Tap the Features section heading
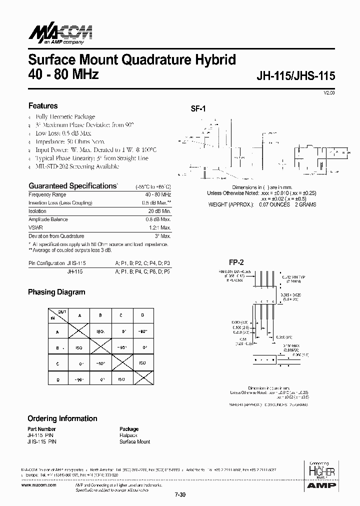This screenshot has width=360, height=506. [43, 106]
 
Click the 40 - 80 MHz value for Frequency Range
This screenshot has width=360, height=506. [158, 194]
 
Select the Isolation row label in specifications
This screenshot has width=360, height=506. [38, 211]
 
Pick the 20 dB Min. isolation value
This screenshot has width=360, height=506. [159, 211]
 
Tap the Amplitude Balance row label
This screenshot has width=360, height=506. [48, 219]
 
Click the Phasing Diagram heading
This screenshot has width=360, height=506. [56, 292]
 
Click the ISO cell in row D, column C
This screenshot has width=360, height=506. [120, 379]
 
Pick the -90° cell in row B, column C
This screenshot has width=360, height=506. [120, 346]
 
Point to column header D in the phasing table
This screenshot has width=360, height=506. [142, 315]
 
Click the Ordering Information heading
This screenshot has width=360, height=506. [62, 418]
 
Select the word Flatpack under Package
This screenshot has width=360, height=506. [128, 435]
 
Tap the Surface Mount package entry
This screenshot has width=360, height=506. [134, 442]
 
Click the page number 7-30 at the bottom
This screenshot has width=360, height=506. [179, 495]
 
